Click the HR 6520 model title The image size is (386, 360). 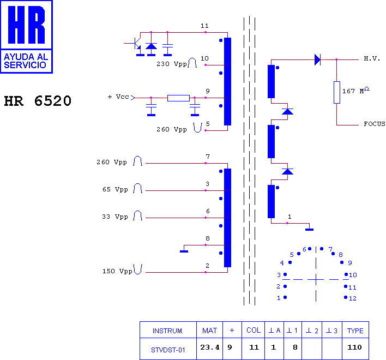38,101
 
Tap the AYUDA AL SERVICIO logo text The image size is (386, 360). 26,61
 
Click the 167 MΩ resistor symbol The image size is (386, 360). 337,92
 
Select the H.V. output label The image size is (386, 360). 372,58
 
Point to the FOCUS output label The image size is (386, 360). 375,124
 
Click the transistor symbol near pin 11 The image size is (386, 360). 135,43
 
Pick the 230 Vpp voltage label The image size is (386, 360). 172,64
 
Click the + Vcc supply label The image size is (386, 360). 118,97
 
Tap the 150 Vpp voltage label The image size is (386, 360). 117,271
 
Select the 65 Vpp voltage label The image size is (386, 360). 115,189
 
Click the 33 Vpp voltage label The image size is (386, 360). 115,217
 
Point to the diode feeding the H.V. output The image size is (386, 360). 317,59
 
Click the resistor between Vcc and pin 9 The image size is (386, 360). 178,98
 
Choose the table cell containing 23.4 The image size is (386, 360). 209,349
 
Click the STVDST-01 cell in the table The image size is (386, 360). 168,349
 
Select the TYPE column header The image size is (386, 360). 355,330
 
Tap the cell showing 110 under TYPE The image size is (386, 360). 355,349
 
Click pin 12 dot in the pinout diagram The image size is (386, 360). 346,297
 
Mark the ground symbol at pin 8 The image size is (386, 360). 184,251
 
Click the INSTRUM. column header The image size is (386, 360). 168,330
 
